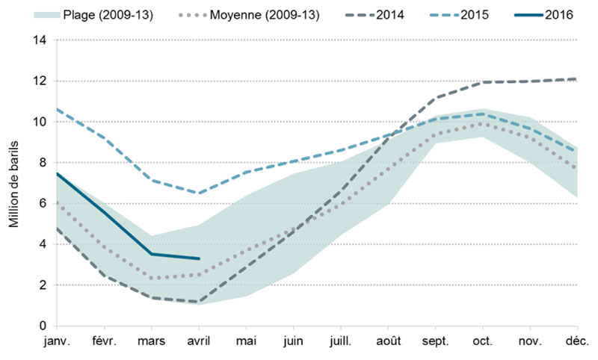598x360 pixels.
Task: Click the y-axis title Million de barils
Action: click(x=13, y=183)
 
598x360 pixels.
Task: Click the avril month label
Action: click(x=198, y=341)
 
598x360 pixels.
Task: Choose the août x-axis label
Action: click(x=388, y=341)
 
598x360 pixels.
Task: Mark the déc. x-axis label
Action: click(x=576, y=341)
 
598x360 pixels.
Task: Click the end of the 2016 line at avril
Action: click(x=199, y=258)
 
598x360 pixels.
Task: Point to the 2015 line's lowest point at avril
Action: click(x=199, y=193)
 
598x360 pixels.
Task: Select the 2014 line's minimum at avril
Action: click(x=199, y=302)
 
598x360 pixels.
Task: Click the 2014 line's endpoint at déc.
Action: click(x=576, y=79)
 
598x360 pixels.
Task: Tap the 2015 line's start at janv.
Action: click(x=57, y=109)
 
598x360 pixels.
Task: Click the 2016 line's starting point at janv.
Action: click(x=57, y=173)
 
